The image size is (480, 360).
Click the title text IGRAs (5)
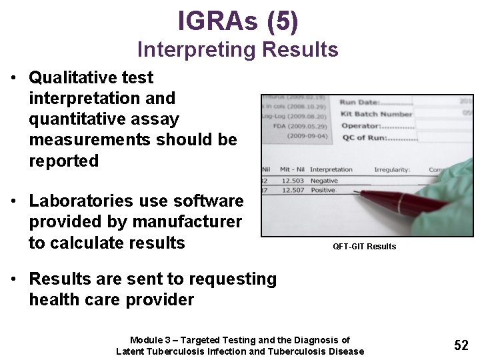coord(238,21)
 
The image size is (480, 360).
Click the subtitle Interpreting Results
coord(238,49)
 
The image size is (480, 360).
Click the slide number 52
coord(461,345)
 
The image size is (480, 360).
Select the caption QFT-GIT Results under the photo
coord(365,247)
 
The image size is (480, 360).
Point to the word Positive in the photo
coord(324,190)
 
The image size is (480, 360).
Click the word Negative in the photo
coord(325,181)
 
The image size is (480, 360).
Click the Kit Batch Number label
coord(376,114)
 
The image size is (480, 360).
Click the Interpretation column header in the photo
coord(331,169)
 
